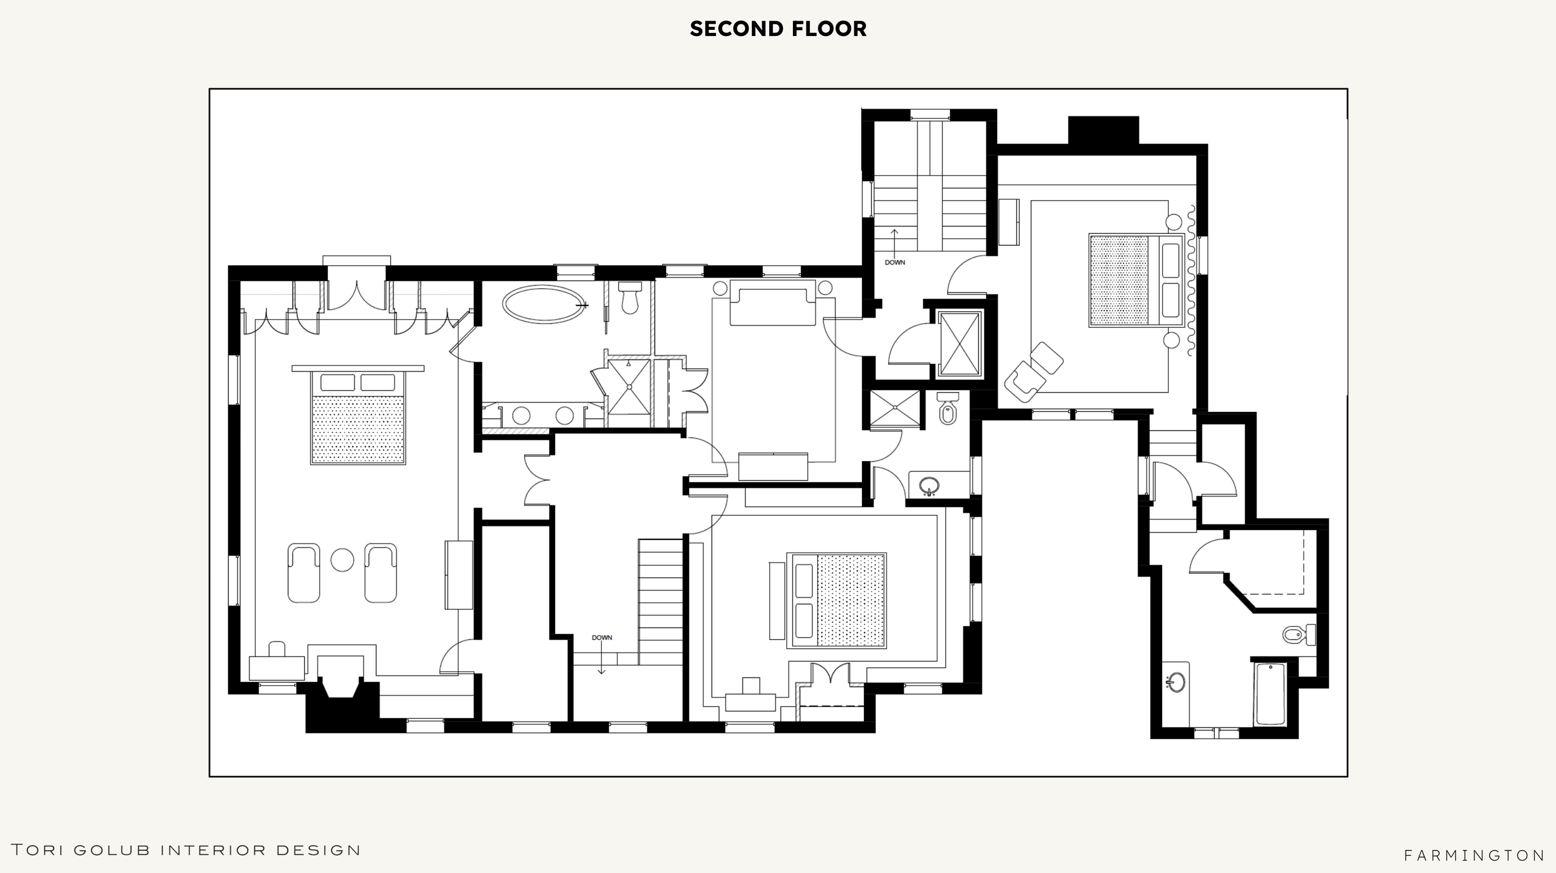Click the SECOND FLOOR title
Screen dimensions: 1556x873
(x=778, y=29)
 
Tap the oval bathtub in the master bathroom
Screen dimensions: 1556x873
(x=544, y=305)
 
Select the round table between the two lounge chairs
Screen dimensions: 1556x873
(x=342, y=560)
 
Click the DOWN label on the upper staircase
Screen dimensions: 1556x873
(x=895, y=263)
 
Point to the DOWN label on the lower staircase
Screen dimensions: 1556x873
(x=602, y=638)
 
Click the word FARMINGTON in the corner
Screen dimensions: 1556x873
(x=1474, y=856)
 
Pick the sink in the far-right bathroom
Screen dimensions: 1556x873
(x=1176, y=683)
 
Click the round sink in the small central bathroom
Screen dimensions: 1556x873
(x=929, y=486)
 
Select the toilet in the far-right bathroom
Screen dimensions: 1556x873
(x=1300, y=635)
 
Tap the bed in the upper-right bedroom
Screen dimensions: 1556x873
(x=1137, y=280)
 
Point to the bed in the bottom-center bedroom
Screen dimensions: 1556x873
(x=836, y=600)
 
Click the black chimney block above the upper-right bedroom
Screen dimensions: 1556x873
(x=1104, y=131)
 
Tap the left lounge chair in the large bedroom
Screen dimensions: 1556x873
(x=304, y=573)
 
